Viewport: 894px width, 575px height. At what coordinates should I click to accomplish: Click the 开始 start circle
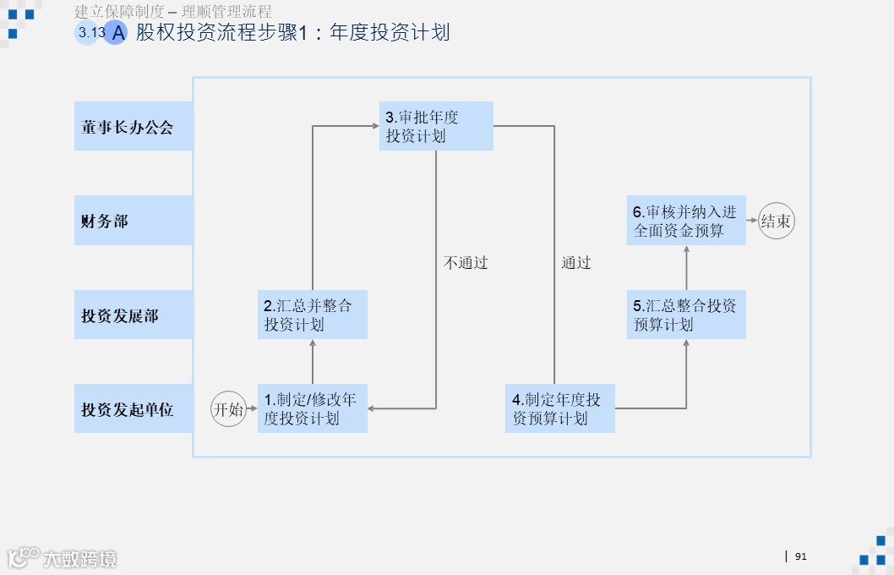pyautogui.click(x=227, y=409)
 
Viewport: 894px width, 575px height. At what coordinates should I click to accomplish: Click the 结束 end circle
pyautogui.click(x=776, y=221)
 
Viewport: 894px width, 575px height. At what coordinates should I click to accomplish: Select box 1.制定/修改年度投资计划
pyautogui.click(x=312, y=408)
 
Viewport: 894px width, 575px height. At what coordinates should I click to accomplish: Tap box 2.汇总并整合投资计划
pyautogui.click(x=312, y=315)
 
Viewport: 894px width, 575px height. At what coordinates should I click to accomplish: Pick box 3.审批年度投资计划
pyautogui.click(x=435, y=126)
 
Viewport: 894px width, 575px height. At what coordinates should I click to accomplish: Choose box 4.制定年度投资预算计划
pyautogui.click(x=559, y=408)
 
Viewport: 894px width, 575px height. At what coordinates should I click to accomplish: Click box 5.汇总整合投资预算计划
pyautogui.click(x=685, y=315)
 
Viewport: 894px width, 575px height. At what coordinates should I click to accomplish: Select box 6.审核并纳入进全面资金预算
pyautogui.click(x=685, y=221)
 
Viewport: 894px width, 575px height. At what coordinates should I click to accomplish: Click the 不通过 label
pyautogui.click(x=466, y=263)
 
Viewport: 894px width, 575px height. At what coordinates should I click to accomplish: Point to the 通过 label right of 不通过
pyautogui.click(x=576, y=263)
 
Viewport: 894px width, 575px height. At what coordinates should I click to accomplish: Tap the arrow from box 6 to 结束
pyautogui.click(x=751, y=221)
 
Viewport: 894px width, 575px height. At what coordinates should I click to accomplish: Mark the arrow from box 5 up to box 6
pyautogui.click(x=685, y=268)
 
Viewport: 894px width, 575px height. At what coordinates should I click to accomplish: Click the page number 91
pyautogui.click(x=801, y=556)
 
